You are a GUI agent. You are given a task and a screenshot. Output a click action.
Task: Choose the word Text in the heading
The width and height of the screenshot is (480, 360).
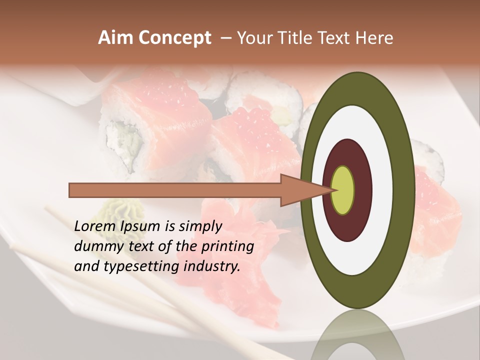tap(336, 38)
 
